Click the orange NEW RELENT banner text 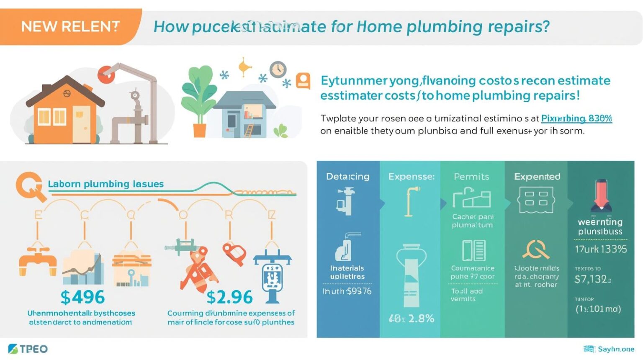click(x=70, y=27)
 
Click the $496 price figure click(x=82, y=297)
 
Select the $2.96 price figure click(x=229, y=297)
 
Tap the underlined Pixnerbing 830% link click(x=576, y=118)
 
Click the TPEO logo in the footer click(x=28, y=349)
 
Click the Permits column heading click(x=471, y=177)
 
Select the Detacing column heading click(x=347, y=177)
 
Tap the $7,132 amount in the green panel click(x=592, y=279)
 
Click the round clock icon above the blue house click(x=278, y=69)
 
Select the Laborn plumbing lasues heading click(x=105, y=184)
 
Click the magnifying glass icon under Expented click(x=535, y=249)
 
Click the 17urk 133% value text click(x=601, y=249)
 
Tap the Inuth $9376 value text click(x=347, y=291)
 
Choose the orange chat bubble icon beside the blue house click(x=303, y=80)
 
